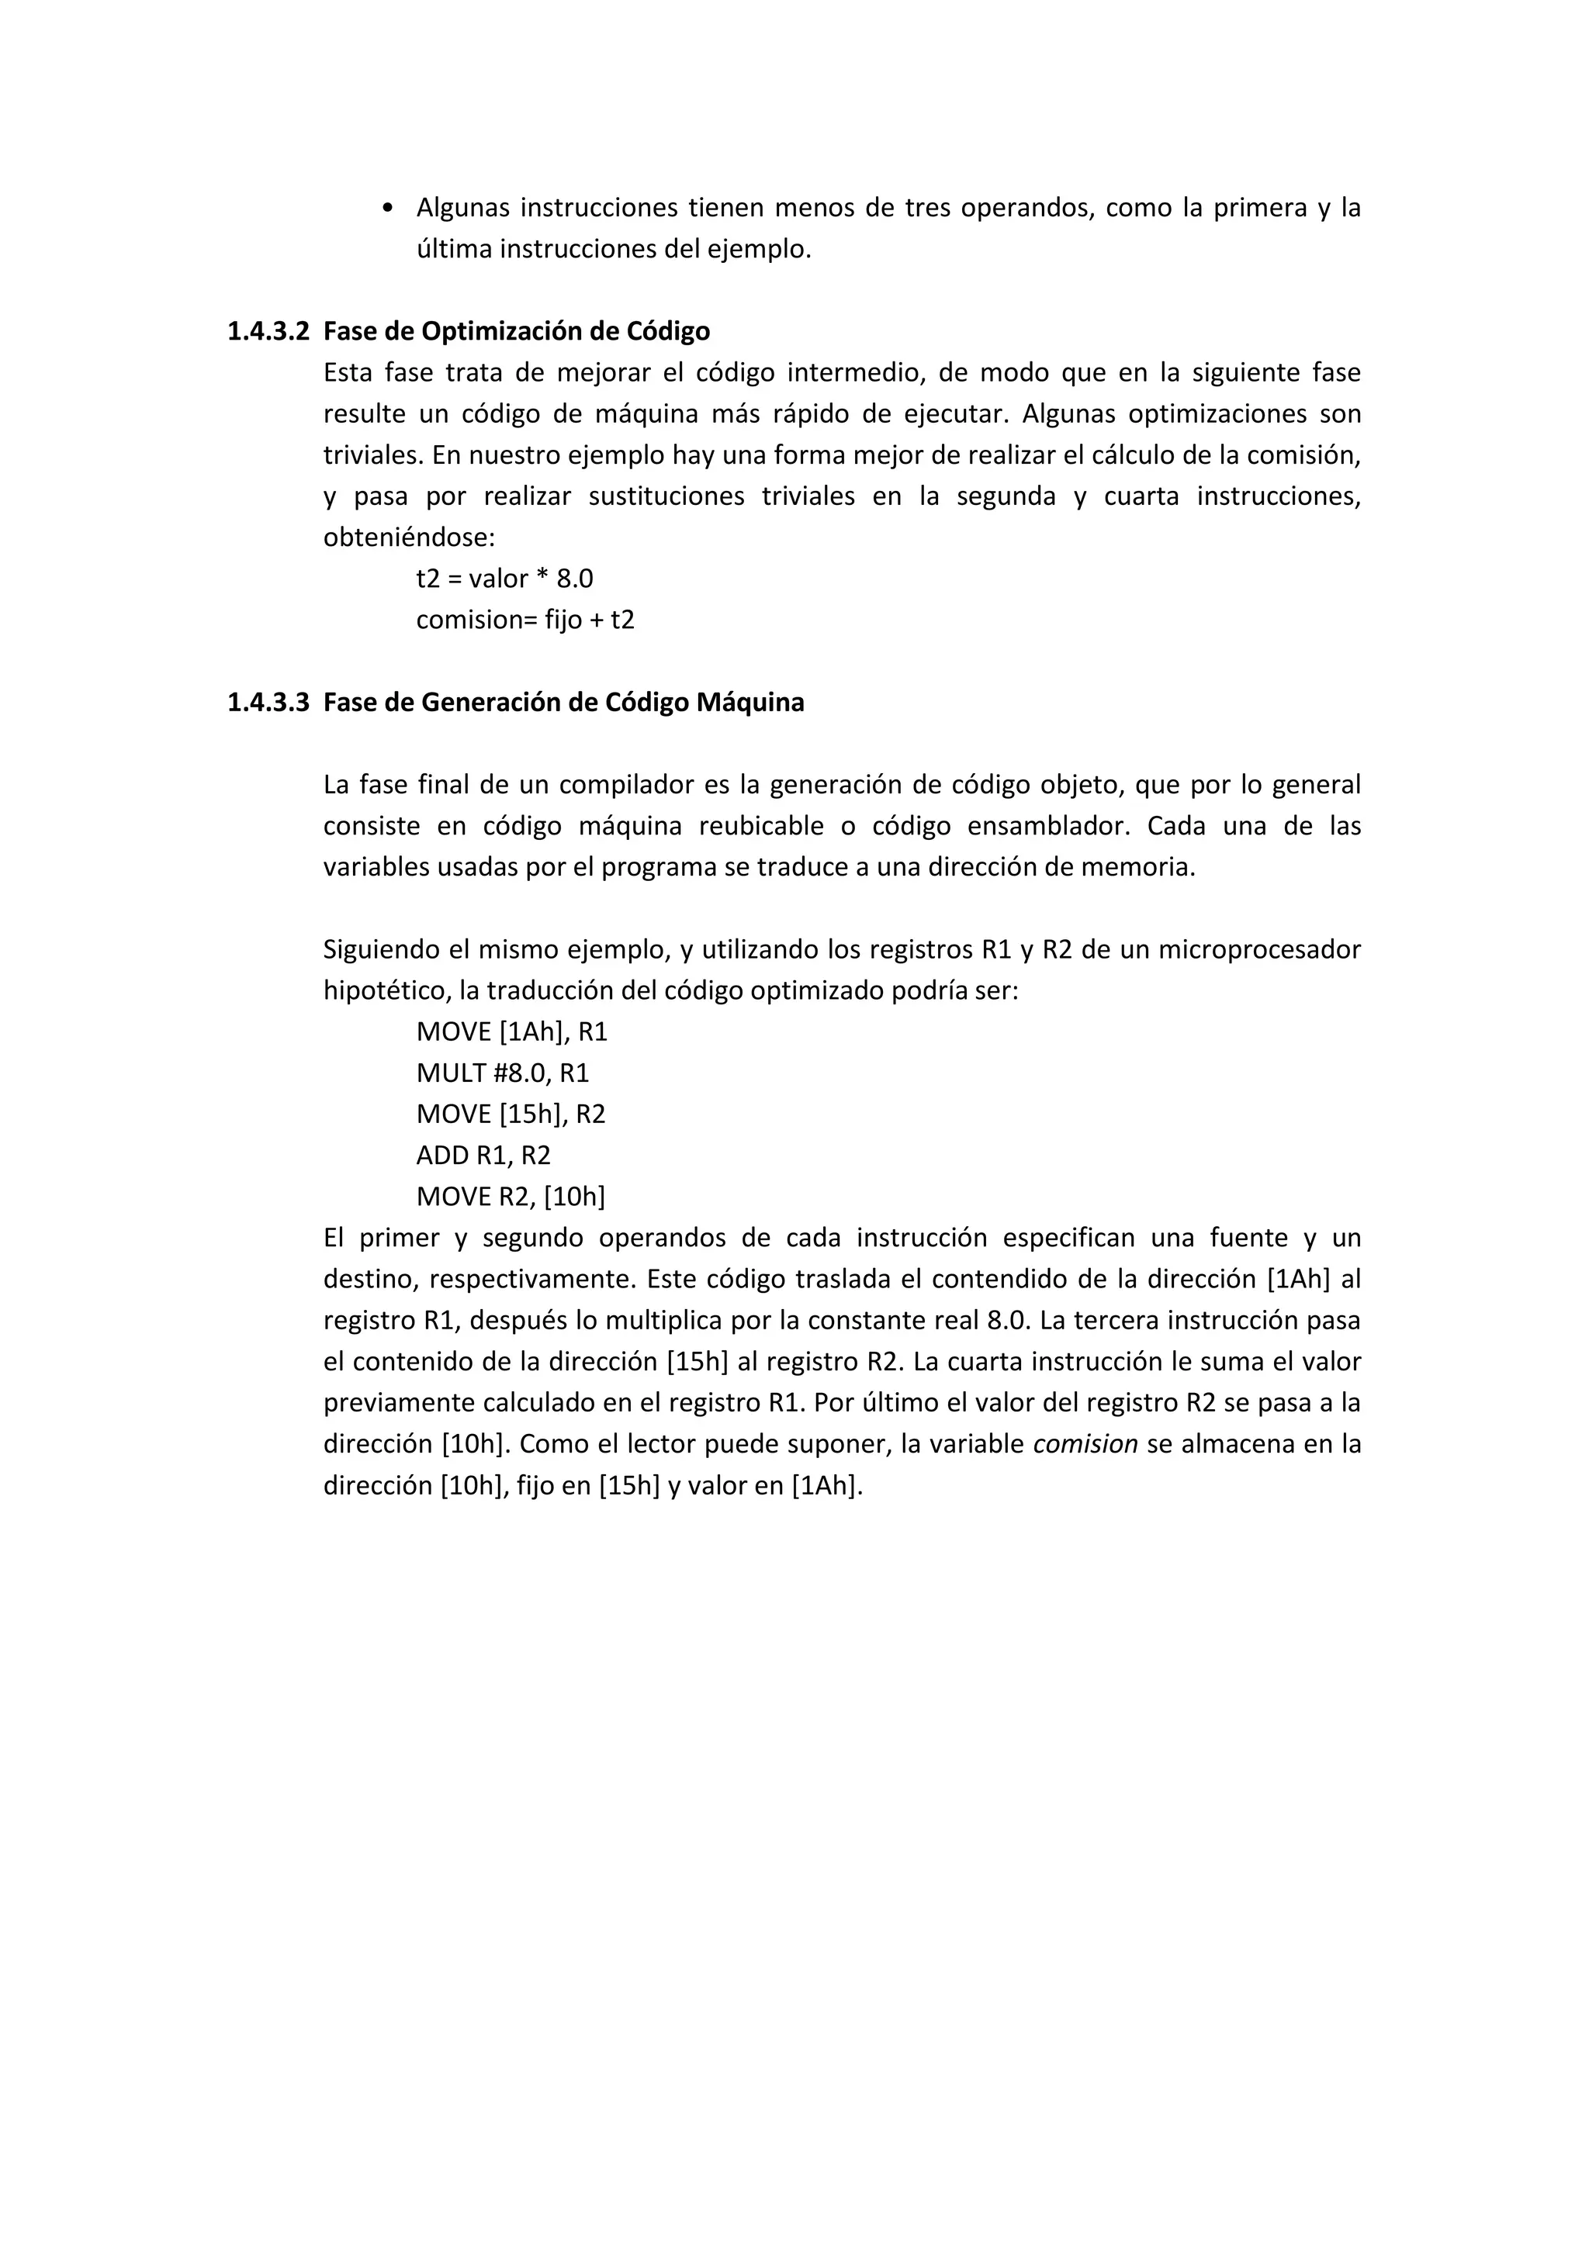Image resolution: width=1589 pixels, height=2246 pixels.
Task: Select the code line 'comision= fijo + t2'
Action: click(x=524, y=620)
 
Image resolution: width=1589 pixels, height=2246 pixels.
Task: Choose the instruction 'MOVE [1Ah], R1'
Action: click(x=512, y=1032)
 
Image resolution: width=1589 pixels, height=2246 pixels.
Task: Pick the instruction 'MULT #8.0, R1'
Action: click(x=502, y=1073)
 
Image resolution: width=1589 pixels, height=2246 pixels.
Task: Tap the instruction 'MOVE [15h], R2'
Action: click(x=511, y=1114)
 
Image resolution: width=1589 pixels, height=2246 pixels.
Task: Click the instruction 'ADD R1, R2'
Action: click(x=483, y=1156)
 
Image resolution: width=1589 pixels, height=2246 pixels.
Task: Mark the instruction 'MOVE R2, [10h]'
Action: click(x=511, y=1197)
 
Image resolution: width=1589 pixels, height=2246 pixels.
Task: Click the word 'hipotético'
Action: click(x=386, y=991)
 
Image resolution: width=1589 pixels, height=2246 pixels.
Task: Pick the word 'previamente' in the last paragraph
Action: click(x=398, y=1403)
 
